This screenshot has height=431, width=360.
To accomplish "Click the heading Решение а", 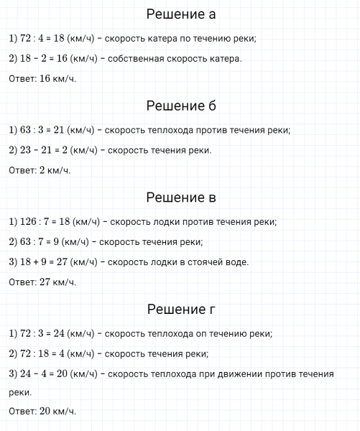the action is pyautogui.click(x=180, y=14).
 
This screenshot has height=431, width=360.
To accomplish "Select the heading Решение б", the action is pyautogui.click(x=180, y=106).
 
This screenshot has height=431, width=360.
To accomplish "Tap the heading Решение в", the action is pyautogui.click(x=180, y=198).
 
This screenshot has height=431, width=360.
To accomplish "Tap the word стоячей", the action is pyautogui.click(x=207, y=262).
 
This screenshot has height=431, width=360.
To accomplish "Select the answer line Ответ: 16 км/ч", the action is pyautogui.click(x=42, y=78).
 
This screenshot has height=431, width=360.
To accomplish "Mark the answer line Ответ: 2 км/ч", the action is pyautogui.click(x=40, y=170).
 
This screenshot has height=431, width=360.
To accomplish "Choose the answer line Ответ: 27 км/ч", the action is pyautogui.click(x=42, y=282).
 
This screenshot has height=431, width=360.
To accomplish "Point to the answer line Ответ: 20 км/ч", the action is pyautogui.click(x=42, y=412).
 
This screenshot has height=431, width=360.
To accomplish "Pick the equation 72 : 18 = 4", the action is pyautogui.click(x=37, y=354).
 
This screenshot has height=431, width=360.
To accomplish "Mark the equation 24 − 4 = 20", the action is pyautogui.click(x=37, y=374).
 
